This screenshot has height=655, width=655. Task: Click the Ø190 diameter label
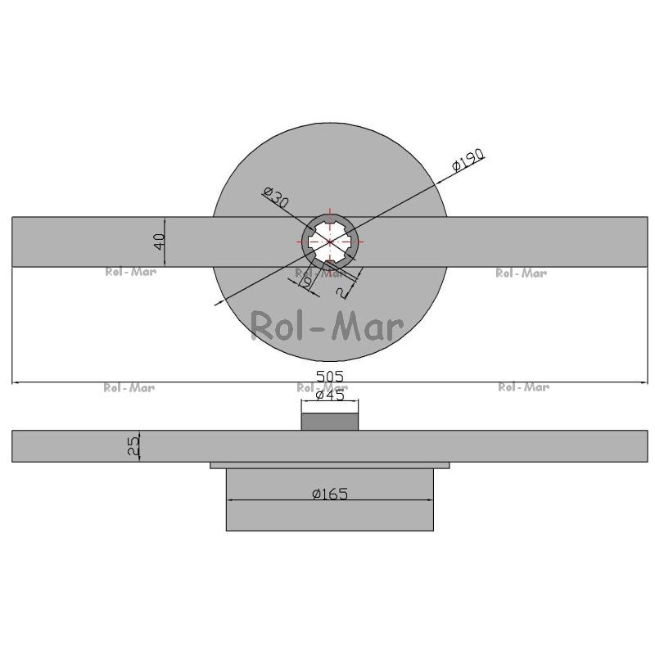(468, 160)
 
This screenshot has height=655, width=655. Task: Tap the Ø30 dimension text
(276, 197)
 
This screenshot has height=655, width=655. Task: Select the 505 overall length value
(330, 377)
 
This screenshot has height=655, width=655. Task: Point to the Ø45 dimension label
(330, 395)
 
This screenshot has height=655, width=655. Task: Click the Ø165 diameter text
(330, 495)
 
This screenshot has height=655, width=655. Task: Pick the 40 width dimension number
(159, 242)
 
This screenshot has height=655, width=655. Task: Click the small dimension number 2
(342, 293)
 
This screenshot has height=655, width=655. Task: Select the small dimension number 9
(308, 282)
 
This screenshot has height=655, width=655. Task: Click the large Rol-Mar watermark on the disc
(327, 326)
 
